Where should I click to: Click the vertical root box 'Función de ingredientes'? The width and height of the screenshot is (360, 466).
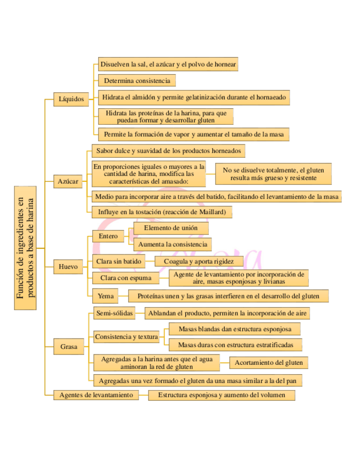pyautogui.click(x=25, y=247)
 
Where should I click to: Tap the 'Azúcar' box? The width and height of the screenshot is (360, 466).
pyautogui.click(x=68, y=181)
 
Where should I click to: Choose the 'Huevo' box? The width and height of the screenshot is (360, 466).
pyautogui.click(x=69, y=268)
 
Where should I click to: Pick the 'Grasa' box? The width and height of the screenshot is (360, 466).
pyautogui.click(x=69, y=347)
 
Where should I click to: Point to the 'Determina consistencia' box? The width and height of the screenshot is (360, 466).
pyautogui.click(x=137, y=81)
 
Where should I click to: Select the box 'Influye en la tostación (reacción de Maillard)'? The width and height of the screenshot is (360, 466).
pyautogui.click(x=162, y=212)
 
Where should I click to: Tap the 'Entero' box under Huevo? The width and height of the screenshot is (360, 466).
pyautogui.click(x=108, y=236)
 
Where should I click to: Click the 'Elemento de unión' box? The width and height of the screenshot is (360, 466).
pyautogui.click(x=170, y=228)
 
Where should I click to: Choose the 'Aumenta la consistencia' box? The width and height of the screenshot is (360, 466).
pyautogui.click(x=172, y=244)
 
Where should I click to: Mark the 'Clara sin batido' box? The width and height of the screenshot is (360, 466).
pyautogui.click(x=119, y=261)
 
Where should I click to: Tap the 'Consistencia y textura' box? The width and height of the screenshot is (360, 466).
pyautogui.click(x=126, y=336)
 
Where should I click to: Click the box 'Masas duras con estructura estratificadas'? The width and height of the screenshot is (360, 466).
pyautogui.click(x=235, y=345)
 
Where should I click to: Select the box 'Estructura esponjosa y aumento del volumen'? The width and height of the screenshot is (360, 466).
pyautogui.click(x=221, y=395)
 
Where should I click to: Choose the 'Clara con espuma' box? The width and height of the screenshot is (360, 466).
pyautogui.click(x=121, y=278)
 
